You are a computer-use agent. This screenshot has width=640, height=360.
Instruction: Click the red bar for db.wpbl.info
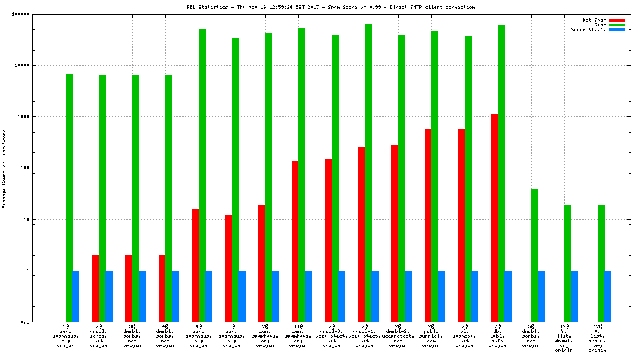coord(495,218)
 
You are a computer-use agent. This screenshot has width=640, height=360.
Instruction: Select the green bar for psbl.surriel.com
coord(435,176)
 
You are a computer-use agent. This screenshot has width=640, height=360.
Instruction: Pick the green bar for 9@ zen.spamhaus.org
coord(69,198)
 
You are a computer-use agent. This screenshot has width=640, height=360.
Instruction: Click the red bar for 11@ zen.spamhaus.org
coord(295,241)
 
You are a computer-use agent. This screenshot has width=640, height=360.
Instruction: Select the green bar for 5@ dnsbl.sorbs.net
coord(534,255)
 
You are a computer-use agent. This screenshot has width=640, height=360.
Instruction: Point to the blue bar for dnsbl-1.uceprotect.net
coord(375,296)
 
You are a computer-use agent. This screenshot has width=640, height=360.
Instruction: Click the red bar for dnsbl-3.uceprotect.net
coord(328,241)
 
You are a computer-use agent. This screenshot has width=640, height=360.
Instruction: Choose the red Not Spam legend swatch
coord(617,20)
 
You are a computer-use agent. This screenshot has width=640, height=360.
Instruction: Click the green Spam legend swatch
coord(617,25)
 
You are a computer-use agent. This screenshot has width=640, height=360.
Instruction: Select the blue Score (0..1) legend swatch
coord(617,29)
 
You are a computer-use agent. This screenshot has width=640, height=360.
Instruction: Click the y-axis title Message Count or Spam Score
coord(4,168)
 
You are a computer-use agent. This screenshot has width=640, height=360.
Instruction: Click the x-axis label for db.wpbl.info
coord(498,335)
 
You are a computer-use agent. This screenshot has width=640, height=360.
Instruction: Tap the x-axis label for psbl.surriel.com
coord(431,335)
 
